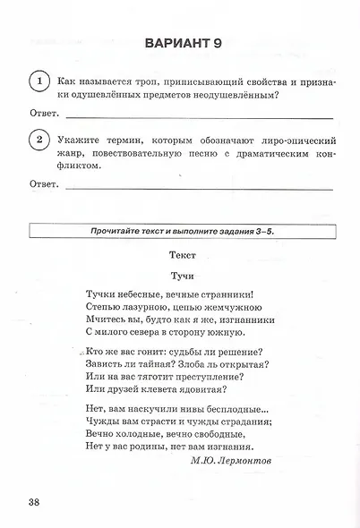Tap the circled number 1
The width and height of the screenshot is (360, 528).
(x=39, y=81)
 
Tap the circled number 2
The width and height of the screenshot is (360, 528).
(x=39, y=140)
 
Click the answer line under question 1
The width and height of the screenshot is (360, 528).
(x=199, y=116)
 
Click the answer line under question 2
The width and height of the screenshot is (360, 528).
(x=199, y=186)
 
